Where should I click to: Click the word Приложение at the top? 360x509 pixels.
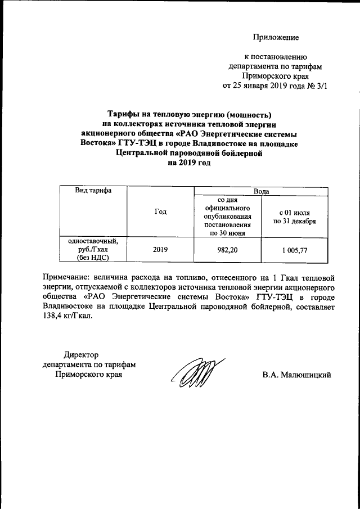pyautogui.click(x=276, y=38)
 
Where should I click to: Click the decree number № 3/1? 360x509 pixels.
pyautogui.click(x=314, y=86)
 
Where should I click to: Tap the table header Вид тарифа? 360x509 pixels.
pyautogui.click(x=93, y=191)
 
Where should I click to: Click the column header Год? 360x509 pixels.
pyautogui.click(x=160, y=211)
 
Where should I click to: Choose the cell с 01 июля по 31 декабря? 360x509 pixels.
pyautogui.click(x=294, y=217)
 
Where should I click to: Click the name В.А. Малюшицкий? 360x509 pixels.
pyautogui.click(x=296, y=375)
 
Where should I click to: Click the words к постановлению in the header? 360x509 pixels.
pyautogui.click(x=275, y=57)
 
